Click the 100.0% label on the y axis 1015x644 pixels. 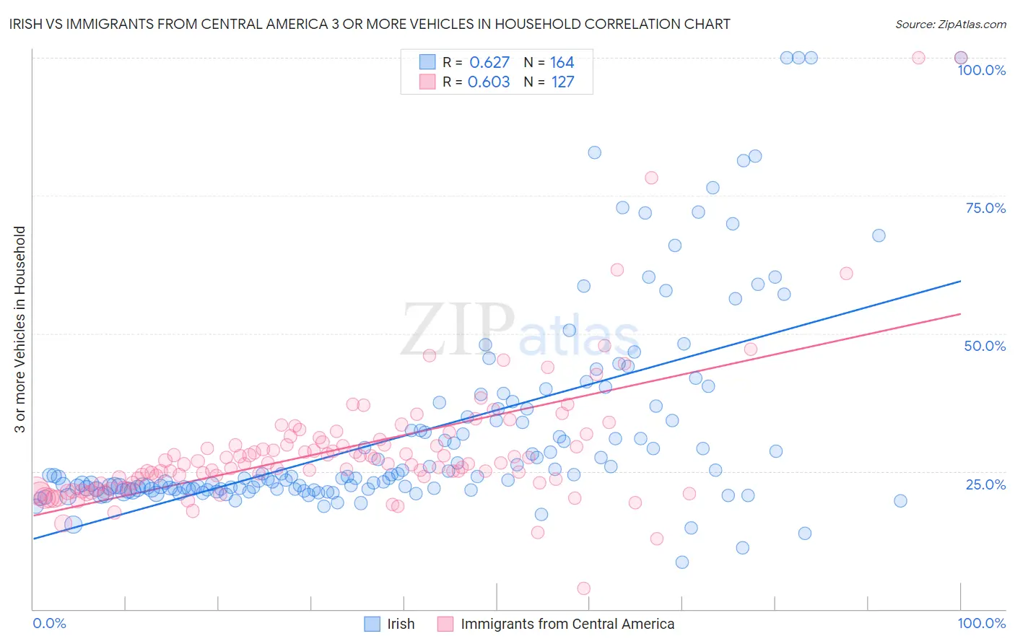coord(981,70)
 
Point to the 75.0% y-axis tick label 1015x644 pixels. coord(985,208)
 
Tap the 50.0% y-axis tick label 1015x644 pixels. coord(985,346)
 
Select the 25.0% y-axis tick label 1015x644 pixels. coord(985,484)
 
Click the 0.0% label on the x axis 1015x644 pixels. coord(49,623)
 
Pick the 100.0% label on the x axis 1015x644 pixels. coord(981,623)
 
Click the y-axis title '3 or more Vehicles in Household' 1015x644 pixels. coord(20,329)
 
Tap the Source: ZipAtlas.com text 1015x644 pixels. coord(950,24)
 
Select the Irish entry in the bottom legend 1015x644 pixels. coord(401,624)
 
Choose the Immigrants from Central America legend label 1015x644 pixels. coord(567,624)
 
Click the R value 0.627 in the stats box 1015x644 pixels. coord(489,62)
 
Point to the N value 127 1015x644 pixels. coord(562,82)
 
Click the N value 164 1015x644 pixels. coord(562,62)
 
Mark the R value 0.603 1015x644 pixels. coord(489,82)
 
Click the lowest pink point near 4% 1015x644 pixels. coord(584,588)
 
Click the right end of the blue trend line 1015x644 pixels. coord(960,281)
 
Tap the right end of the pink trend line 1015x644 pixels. coord(960,314)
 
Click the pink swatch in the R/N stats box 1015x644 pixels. coord(427,82)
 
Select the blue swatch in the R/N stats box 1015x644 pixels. coord(427,62)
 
